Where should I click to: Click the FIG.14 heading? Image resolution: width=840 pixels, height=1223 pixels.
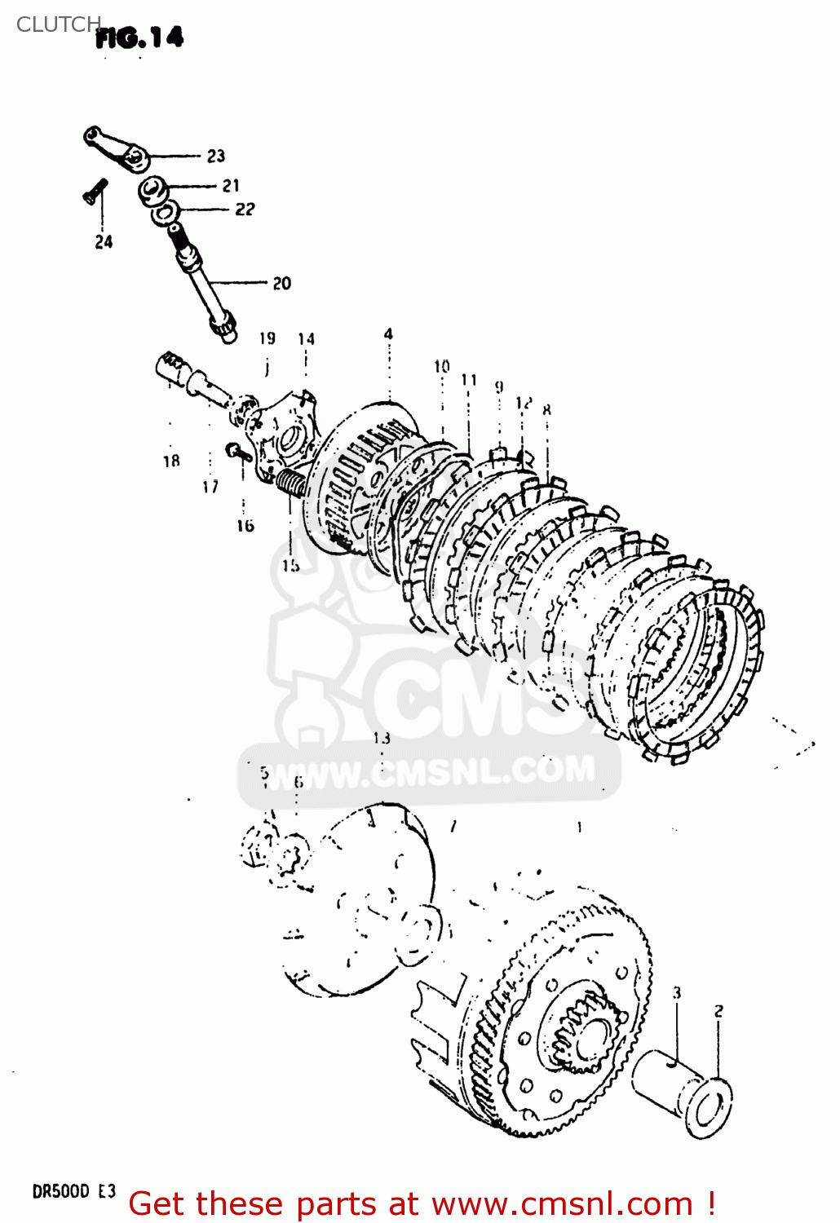coord(139,38)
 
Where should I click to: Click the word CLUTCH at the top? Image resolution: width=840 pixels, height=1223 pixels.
coord(57,24)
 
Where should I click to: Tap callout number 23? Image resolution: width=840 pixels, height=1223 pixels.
coord(215,156)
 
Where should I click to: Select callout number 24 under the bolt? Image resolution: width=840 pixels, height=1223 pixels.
coord(104,241)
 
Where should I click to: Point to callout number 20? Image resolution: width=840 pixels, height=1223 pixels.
coord(281,283)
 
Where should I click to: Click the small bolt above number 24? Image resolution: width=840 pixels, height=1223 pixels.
coord(93,192)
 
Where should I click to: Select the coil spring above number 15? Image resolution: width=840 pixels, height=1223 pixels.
coord(291,484)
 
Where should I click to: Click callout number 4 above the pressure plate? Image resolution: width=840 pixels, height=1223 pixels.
coord(389,333)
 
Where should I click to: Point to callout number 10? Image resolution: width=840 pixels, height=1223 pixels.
coord(441,366)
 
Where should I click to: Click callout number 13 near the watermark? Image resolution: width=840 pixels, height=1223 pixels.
coord(382,738)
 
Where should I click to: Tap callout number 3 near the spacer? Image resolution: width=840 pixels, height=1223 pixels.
coord(676,992)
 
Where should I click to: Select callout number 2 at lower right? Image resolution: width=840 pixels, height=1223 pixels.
coord(718,1012)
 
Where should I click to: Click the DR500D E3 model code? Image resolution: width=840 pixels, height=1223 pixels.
coord(73,1191)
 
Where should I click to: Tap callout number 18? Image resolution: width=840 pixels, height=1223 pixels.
coord(170,461)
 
